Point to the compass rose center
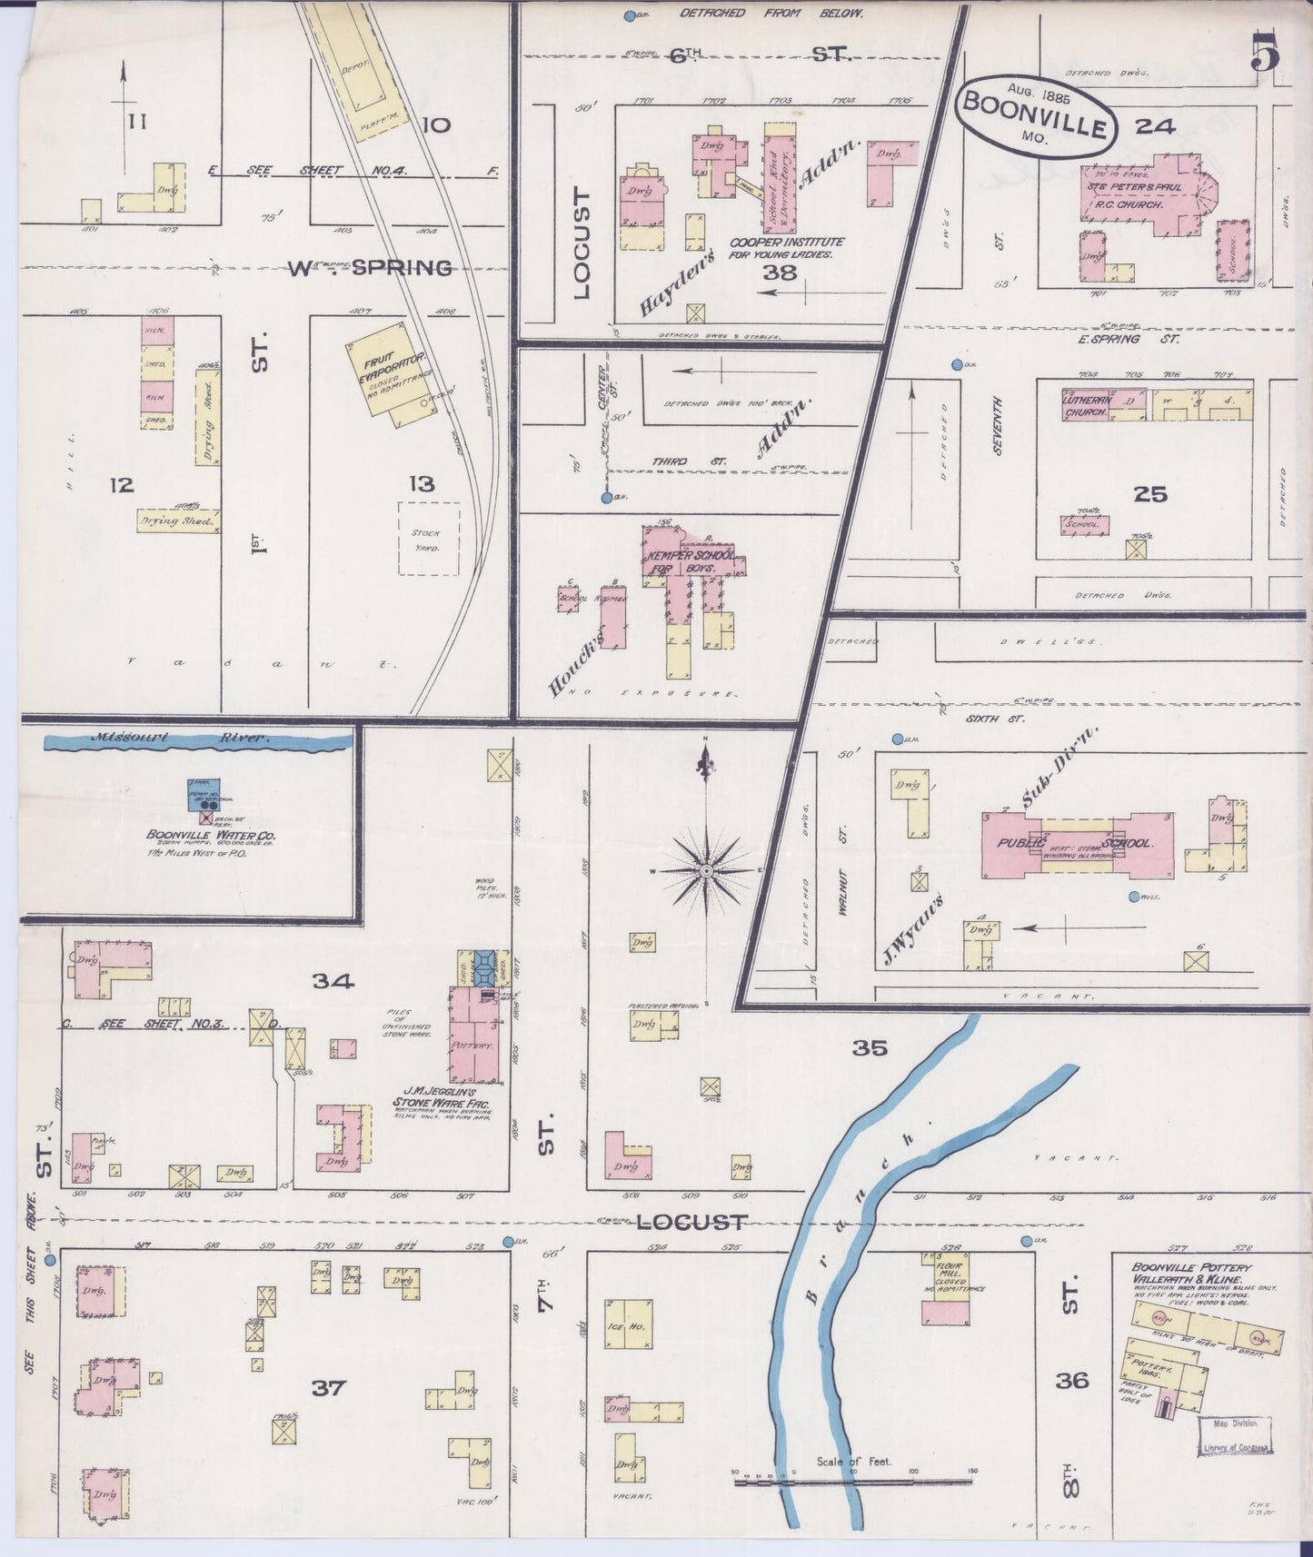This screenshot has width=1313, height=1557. (705, 871)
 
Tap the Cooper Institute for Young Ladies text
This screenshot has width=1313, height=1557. (786, 248)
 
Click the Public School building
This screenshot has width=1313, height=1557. (1077, 843)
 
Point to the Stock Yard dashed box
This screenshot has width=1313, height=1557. (428, 540)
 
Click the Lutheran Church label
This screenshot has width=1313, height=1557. (1087, 405)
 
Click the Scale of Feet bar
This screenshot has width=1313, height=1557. (854, 1483)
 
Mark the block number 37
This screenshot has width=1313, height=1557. (328, 1388)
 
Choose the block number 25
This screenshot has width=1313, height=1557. (1149, 494)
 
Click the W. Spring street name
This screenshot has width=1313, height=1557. (370, 268)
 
